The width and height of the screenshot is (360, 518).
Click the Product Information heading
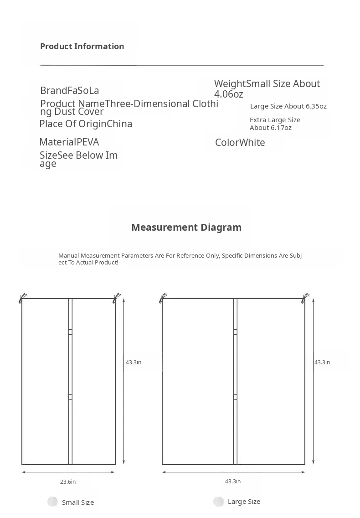tap(82, 47)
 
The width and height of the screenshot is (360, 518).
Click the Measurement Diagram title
tap(186, 228)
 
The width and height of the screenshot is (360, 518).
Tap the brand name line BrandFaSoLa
tap(69, 91)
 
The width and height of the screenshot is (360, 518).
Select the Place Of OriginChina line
tap(86, 124)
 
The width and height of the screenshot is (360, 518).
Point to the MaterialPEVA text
tap(69, 142)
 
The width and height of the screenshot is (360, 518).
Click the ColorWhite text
tap(240, 143)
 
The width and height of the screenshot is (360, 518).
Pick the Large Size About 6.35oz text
tap(288, 106)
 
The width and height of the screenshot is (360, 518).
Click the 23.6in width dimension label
tap(68, 482)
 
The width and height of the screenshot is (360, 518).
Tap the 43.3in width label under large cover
tap(233, 482)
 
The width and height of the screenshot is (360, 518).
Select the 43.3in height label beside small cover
tap(134, 363)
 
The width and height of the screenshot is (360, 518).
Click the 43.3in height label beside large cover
tap(322, 363)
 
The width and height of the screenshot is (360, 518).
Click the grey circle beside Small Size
tap(53, 502)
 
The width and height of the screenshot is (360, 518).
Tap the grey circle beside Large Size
tap(219, 502)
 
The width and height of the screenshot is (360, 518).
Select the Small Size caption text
tap(78, 502)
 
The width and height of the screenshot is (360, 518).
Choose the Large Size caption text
tap(244, 502)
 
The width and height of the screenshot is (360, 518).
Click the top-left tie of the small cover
tap(22, 298)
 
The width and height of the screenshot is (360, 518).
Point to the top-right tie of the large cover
tap(305, 298)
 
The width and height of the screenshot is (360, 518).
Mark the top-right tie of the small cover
tap(117, 298)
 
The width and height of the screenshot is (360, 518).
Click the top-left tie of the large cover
tap(163, 298)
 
